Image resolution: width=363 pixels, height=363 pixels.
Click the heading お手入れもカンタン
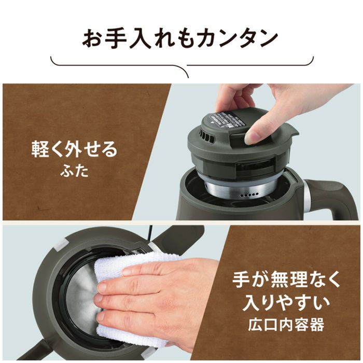(x=180, y=38)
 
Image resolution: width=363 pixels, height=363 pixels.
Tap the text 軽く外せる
(x=74, y=149)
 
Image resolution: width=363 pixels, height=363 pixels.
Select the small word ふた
(x=75, y=172)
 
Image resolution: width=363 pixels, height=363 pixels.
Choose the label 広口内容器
(x=286, y=324)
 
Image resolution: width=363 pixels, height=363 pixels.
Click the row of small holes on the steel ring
(x=249, y=194)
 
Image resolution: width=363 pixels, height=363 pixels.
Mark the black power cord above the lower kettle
(x=151, y=233)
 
